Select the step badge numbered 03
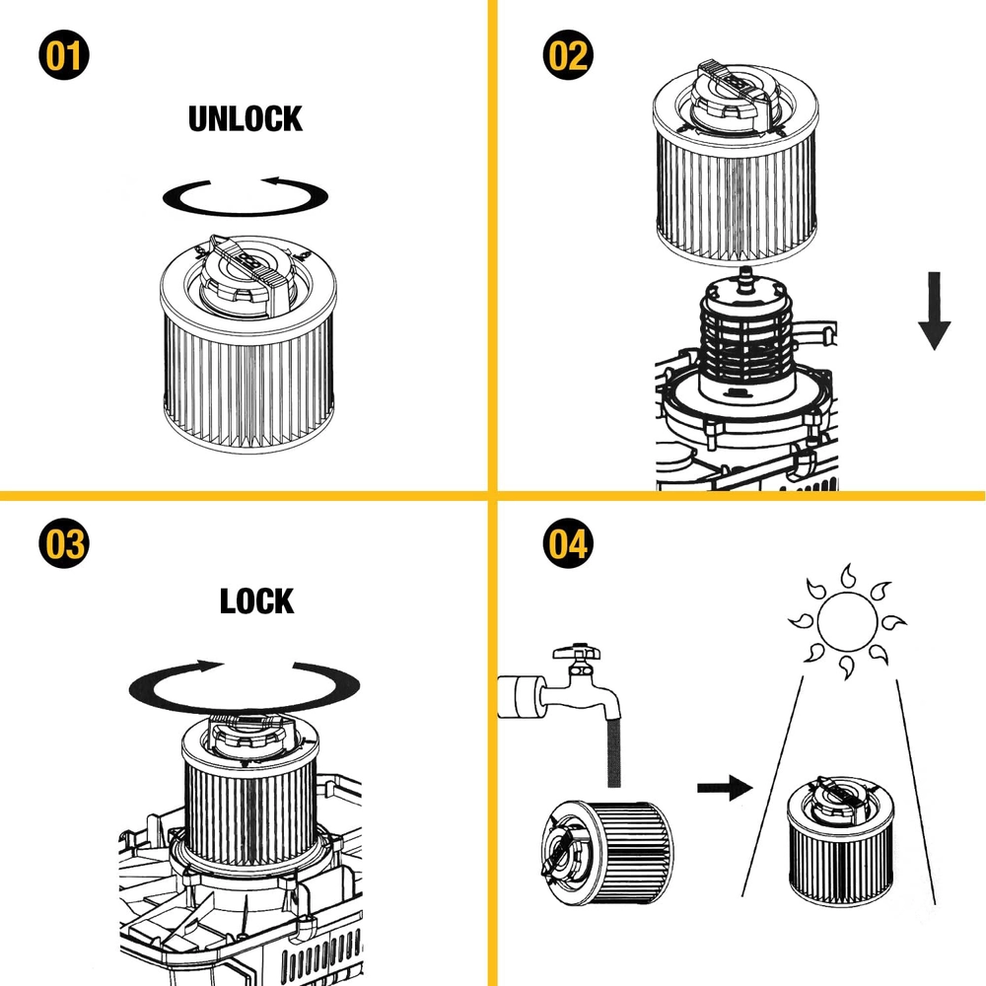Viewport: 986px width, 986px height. pos(64,544)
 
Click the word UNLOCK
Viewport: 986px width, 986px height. pos(246,119)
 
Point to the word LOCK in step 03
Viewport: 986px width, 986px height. pos(256,600)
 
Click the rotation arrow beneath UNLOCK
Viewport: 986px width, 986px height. pos(246,195)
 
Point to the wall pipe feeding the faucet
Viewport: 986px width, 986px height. pos(518,696)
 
